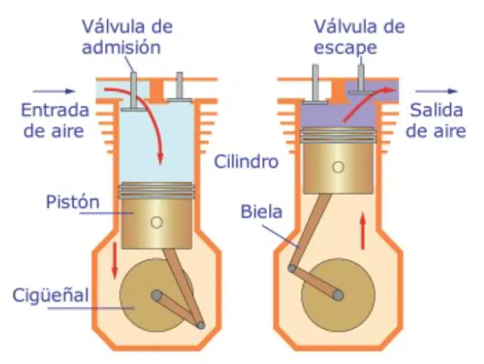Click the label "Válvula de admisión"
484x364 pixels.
[127, 37]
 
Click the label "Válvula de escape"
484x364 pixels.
[359, 37]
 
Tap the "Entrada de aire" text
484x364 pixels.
[55, 121]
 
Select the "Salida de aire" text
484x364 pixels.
[435, 121]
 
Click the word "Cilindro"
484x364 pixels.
[246, 162]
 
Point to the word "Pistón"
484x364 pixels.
[73, 202]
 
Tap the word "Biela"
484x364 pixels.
[262, 212]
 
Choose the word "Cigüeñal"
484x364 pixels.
[51, 295]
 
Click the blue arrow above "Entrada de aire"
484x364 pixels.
[54, 91]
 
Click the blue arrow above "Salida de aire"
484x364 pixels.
[436, 91]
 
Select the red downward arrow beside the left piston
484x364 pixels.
[115, 261]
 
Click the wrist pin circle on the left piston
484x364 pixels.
[156, 222]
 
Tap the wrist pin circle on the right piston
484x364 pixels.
[338, 167]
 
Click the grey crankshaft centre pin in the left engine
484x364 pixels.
[156, 295]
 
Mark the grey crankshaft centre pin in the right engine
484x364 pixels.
[338, 295]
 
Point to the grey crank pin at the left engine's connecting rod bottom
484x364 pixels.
[201, 325]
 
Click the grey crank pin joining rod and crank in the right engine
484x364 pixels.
[292, 268]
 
